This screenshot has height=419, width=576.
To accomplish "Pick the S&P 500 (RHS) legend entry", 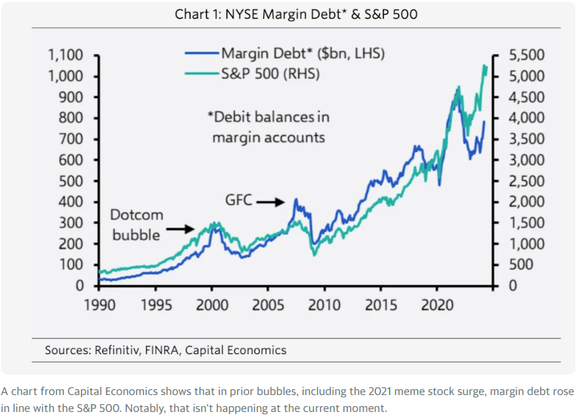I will coord(271,73).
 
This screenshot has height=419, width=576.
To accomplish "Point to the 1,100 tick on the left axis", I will coord(65,56).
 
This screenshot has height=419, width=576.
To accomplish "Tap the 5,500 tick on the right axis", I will coord(526,56).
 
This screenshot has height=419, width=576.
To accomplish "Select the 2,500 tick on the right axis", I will coord(526,181).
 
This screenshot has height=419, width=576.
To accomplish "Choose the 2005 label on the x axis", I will coord(268,305).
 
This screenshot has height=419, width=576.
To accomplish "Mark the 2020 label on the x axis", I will coord(437,305).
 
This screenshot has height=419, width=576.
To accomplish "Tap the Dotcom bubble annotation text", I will coord(137,224).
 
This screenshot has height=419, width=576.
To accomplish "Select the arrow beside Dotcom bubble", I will coord(181,228).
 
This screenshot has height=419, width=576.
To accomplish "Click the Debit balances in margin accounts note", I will coord(269,127).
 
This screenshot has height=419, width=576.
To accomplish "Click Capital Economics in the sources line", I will coord(236,350).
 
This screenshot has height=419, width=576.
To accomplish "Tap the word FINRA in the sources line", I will coord(161,350).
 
